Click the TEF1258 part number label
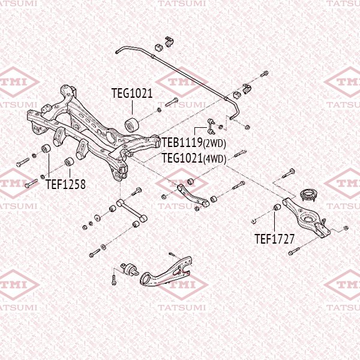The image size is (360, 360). coord(65,185)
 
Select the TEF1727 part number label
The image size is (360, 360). coord(274,239)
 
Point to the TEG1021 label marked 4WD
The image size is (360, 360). coord(183,158)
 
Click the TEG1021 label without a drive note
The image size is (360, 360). coord(132,94)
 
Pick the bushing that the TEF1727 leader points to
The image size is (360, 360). coord(277,208)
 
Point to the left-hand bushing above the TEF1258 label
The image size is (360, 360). coord(45,149)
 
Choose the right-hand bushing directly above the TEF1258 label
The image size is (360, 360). coord(69,162)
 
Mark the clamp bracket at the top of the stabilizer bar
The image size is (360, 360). coord(166,41)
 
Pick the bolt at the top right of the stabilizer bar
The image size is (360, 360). coord(265,75)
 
